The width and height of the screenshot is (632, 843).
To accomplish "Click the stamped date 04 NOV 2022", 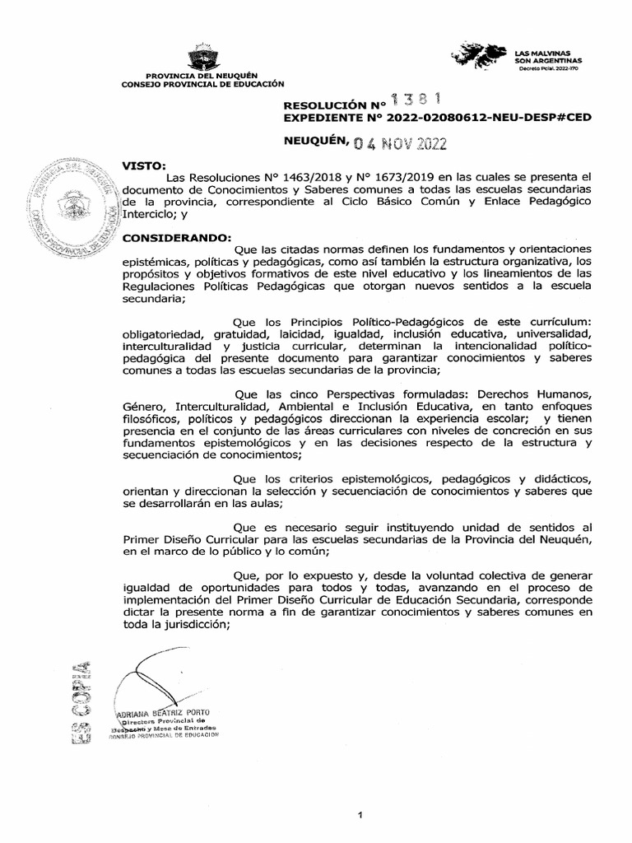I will coord(410,147).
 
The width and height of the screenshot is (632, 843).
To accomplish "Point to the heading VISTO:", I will coord(144,165).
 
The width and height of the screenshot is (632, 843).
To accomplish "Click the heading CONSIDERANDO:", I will coord(177,237).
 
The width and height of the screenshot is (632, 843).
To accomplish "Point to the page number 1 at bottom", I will coord(360,793).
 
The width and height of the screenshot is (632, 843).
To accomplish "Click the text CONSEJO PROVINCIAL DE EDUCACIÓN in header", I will coord(202,84).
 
